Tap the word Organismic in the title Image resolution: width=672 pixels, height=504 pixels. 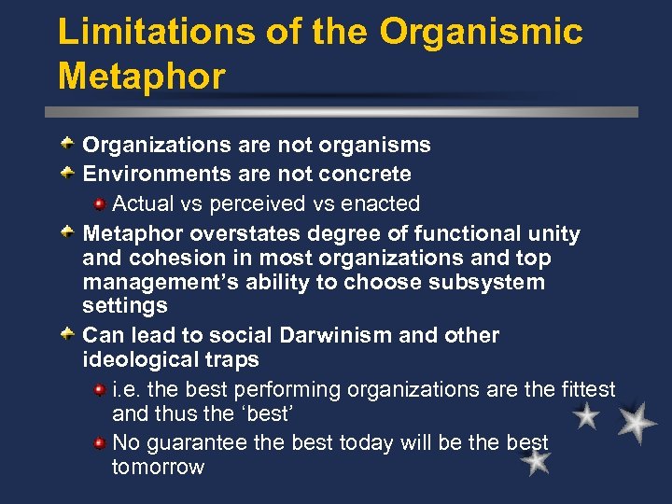pos(482,32)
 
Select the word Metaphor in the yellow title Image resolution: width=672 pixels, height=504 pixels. pos(142,77)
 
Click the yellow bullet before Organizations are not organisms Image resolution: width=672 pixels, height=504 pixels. pos(68,144)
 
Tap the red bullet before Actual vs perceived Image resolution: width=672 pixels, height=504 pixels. pos(98,203)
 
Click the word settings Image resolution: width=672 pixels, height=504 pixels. pos(125,306)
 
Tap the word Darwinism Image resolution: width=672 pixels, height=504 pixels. pos(340,335)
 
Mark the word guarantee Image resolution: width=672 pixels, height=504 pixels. pos(200,442)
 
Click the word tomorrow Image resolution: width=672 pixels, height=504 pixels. pos(158,467)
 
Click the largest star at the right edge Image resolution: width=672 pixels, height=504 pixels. pos(637,422)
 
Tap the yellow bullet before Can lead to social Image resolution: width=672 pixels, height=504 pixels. pos(68,334)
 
